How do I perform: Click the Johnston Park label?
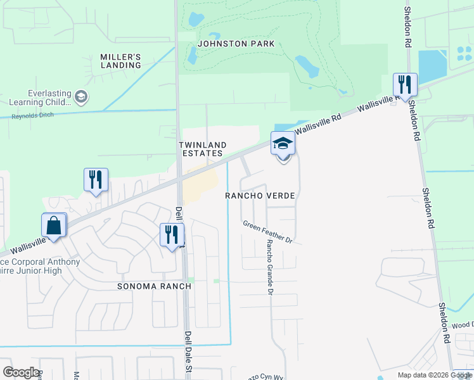tap(236, 44)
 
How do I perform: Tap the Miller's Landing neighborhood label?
tap(120, 61)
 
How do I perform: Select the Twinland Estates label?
tap(201, 149)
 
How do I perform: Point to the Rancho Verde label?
tap(260, 196)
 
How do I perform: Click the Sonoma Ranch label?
tap(154, 286)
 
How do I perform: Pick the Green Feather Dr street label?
tap(267, 232)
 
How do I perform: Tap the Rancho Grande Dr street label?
tap(269, 267)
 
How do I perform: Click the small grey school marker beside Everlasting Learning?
tap(80, 97)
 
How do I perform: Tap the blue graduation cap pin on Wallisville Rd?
tap(283, 144)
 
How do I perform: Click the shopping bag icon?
tap(54, 225)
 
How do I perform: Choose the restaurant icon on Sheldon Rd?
tap(404, 85)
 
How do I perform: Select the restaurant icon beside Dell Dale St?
tap(172, 234)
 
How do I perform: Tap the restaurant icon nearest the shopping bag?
tap(96, 179)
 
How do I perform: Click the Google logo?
tap(22, 372)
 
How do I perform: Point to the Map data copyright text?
tap(435, 375)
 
